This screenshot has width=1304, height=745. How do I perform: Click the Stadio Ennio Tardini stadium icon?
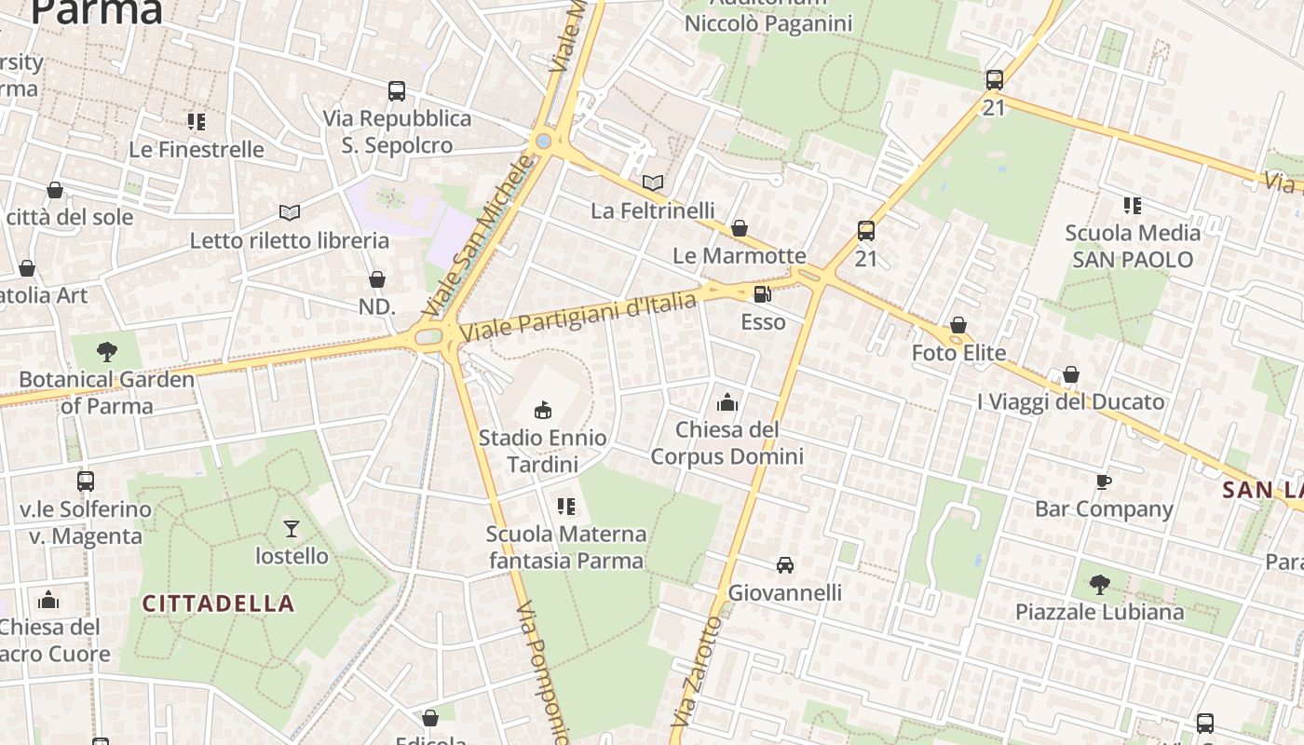543,409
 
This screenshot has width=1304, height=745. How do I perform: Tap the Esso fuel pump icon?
762,295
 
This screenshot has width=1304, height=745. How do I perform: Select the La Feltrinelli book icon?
654,183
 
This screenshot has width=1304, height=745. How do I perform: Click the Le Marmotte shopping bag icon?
740,228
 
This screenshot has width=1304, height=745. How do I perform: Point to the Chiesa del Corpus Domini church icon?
727,402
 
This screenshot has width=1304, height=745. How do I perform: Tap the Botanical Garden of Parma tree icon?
107,352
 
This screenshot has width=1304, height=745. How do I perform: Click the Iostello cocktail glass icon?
292,529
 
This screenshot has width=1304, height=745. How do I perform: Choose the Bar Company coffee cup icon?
1104,481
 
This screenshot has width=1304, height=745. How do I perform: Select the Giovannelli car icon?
785,565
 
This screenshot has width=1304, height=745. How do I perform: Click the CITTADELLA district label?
218,603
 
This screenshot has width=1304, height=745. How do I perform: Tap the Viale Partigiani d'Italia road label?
578,316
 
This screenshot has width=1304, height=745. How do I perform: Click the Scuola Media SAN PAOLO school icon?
1133,205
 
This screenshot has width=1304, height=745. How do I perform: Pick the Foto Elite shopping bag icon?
958,326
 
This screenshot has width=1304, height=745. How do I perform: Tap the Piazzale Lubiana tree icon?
1100,585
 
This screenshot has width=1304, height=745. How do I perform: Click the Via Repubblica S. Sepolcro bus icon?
397,91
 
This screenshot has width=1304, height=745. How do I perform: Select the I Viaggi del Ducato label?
1071,402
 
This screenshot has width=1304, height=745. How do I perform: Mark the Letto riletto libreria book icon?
290,213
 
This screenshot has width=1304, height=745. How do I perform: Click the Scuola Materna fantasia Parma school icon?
566,507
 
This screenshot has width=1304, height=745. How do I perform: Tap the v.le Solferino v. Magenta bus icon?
86,481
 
